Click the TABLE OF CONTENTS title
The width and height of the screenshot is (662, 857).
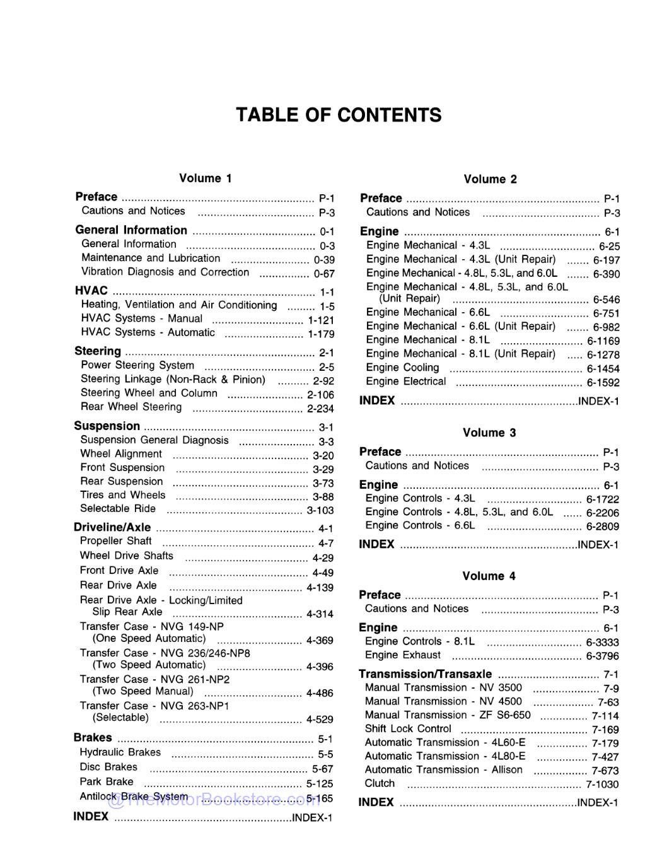pos(339,115)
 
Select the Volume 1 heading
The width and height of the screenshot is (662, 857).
pos(206,178)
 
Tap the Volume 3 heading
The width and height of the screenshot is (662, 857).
pos(489,433)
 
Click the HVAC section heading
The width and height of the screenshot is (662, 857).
pos(91,291)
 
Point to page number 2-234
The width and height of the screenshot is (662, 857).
pos(320,409)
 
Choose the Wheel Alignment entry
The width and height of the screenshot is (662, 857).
pos(121,454)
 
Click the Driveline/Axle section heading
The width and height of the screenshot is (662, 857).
pos(112,527)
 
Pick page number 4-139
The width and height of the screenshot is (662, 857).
pos(320,588)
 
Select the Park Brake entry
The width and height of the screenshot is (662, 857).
pos(106,782)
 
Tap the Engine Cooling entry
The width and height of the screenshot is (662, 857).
pos(402,368)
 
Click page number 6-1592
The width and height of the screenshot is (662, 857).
pos(603,383)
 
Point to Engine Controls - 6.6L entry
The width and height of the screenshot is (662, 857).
pos(420,525)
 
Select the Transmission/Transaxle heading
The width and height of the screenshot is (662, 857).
pos(425,673)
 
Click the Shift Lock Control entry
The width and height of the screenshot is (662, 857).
pos(408,729)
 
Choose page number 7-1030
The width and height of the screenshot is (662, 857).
pos(602,784)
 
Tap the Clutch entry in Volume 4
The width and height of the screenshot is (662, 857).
pos(380,783)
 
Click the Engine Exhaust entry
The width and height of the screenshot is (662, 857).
pos(402,655)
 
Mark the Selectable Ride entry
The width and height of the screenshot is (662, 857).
pos(117,508)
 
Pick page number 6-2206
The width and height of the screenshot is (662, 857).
pos(602,513)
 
